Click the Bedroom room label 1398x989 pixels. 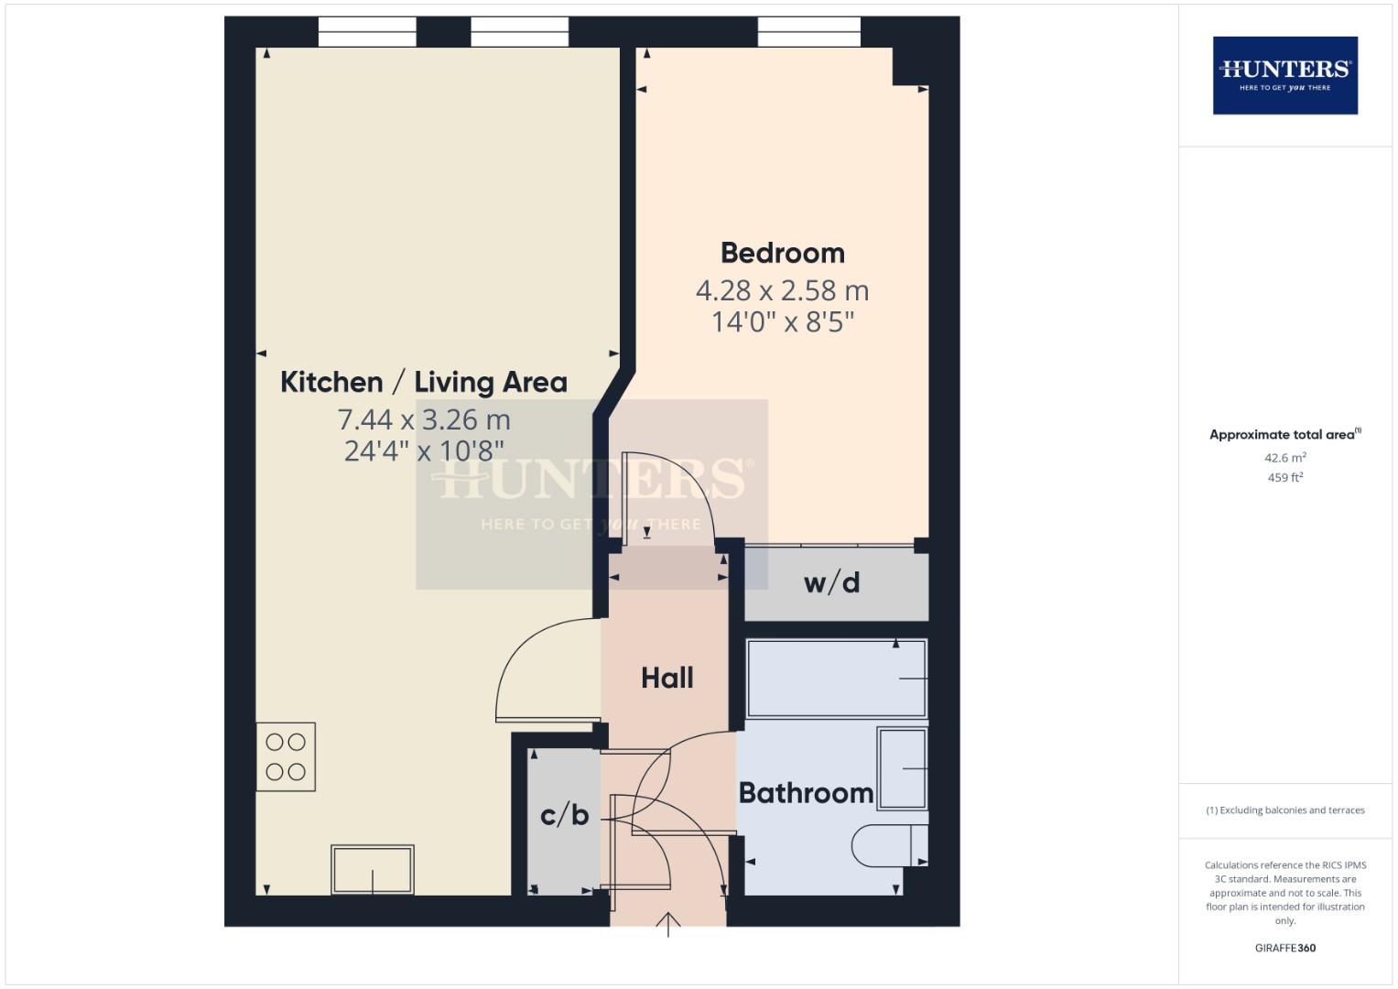pyautogui.click(x=782, y=253)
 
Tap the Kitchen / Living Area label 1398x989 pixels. pyautogui.click(x=423, y=382)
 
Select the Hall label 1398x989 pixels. pyautogui.click(x=666, y=678)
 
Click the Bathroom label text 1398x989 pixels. pyautogui.click(x=806, y=792)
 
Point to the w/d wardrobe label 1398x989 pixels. pyautogui.click(x=831, y=582)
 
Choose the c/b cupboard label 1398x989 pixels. pyautogui.click(x=564, y=813)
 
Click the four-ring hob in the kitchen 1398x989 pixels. pyautogui.click(x=286, y=757)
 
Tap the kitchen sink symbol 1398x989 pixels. pyautogui.click(x=372, y=869)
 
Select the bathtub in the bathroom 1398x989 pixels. pyautogui.click(x=836, y=679)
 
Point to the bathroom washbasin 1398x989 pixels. pyautogui.click(x=902, y=768)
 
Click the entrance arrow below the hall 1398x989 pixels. pyautogui.click(x=668, y=924)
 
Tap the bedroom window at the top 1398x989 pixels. pyautogui.click(x=808, y=32)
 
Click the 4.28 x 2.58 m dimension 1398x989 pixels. pyautogui.click(x=782, y=290)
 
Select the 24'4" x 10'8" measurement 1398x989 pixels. pyautogui.click(x=424, y=451)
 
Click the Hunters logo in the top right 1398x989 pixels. pyautogui.click(x=1284, y=75)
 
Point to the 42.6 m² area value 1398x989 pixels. pyautogui.click(x=1284, y=458)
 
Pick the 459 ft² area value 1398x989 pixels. pyautogui.click(x=1284, y=477)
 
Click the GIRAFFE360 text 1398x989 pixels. pyautogui.click(x=1284, y=948)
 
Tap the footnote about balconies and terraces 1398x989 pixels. pyautogui.click(x=1284, y=810)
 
